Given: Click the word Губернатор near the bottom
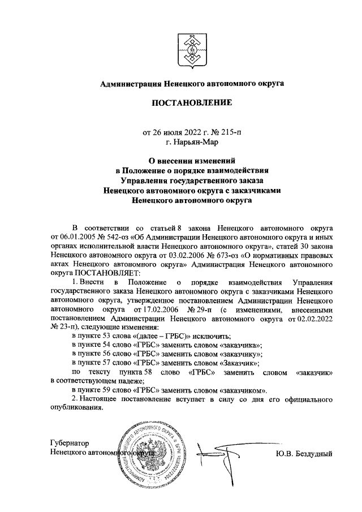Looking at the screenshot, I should point(70,444).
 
